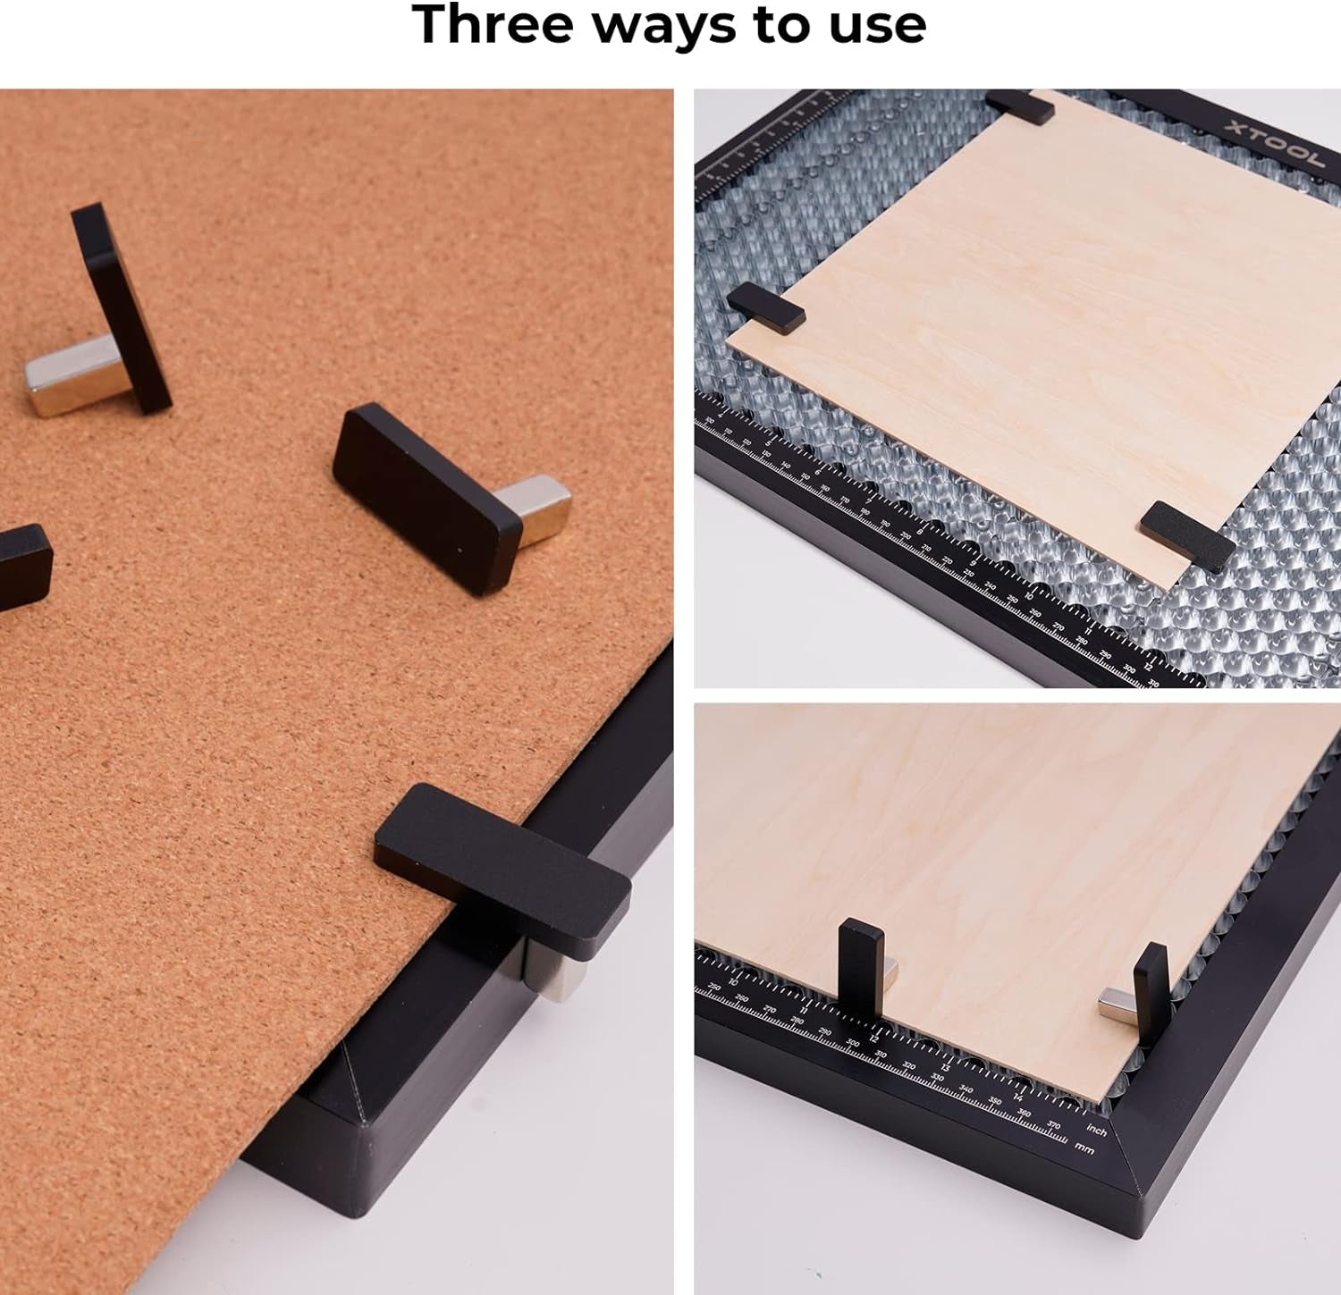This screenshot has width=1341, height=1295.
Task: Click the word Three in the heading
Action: [493, 24]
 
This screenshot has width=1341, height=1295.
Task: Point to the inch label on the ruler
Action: [1097, 1131]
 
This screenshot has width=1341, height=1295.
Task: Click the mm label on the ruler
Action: [1084, 1148]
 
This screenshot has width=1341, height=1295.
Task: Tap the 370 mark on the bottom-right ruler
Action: [1053, 1124]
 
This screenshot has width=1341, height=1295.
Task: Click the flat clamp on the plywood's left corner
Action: [766, 309]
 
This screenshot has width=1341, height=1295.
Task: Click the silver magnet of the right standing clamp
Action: [1117, 1005]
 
